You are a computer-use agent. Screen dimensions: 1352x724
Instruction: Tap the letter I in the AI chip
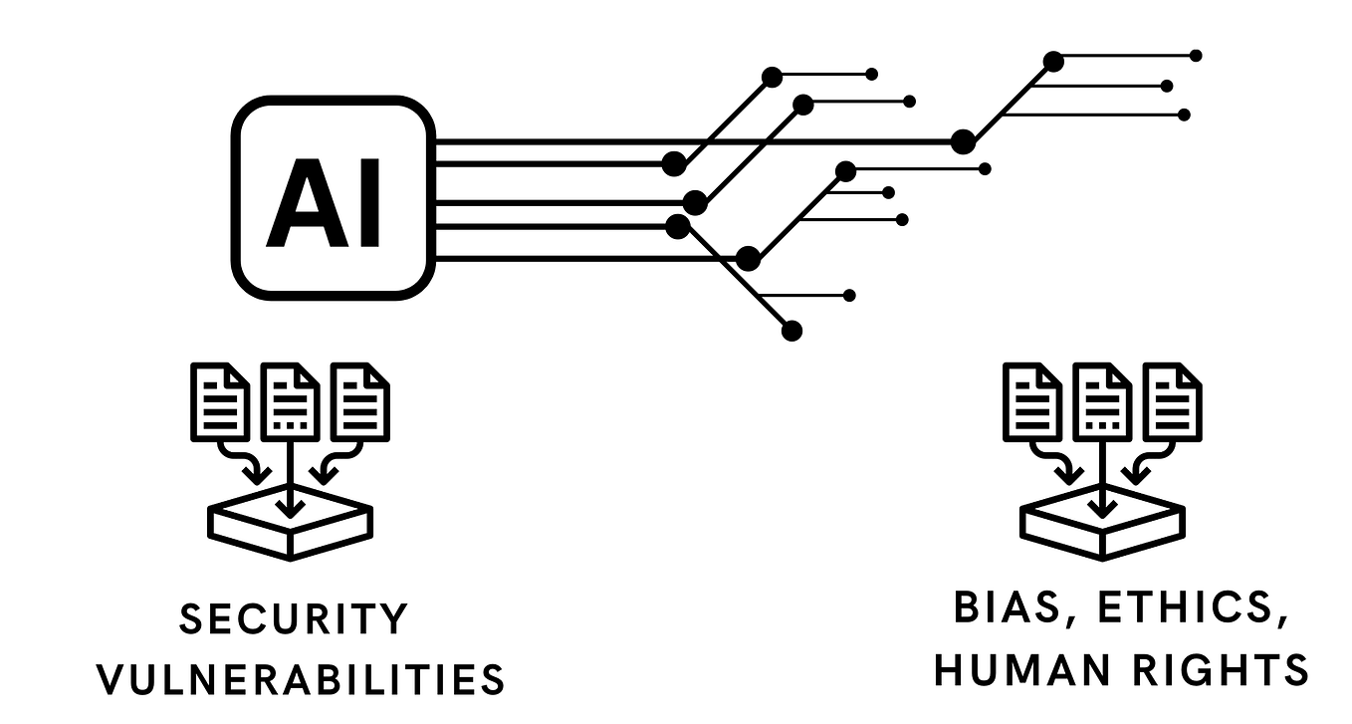(369, 205)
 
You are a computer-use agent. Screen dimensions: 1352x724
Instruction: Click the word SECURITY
(295, 619)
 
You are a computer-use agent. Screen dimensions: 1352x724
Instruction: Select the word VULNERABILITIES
(302, 680)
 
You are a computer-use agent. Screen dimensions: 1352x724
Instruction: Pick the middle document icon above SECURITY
(290, 402)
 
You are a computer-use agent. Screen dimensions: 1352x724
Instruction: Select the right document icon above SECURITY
(359, 402)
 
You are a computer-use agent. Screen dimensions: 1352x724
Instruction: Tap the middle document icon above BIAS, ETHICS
(1102, 402)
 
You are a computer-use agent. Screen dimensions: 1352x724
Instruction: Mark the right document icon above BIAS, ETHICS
(1172, 402)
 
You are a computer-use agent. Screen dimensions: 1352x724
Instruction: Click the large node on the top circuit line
(963, 141)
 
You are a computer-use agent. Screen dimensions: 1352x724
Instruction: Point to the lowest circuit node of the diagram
(792, 331)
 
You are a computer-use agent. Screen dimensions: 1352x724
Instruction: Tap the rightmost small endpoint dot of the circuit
(1196, 56)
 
